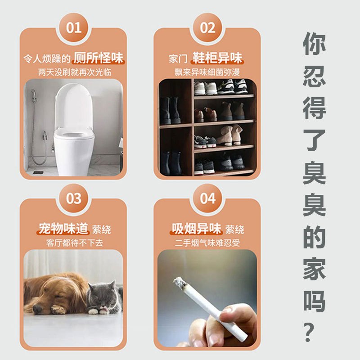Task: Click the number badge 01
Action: (x=74, y=28)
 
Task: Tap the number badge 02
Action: (x=207, y=28)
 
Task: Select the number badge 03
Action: (x=74, y=198)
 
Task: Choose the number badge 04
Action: (x=207, y=198)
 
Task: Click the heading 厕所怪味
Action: (x=99, y=58)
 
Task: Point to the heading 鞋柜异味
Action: (x=217, y=58)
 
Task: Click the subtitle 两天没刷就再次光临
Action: (x=74, y=72)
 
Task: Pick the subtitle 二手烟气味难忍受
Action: (x=207, y=243)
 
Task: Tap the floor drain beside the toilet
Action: (x=38, y=172)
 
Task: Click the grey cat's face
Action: (x=102, y=296)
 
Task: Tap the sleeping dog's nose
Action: (x=37, y=309)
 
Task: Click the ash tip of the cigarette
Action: (x=180, y=283)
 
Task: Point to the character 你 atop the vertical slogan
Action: (x=314, y=44)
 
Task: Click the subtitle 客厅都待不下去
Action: (x=74, y=243)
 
